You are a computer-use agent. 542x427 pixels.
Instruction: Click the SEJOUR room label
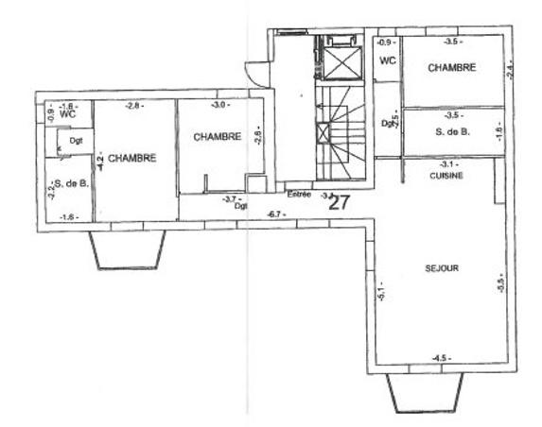click(442, 268)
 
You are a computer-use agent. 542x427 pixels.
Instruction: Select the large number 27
click(340, 200)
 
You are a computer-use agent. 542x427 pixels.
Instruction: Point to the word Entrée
click(299, 194)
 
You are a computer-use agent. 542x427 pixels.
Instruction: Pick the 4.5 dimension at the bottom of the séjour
click(439, 358)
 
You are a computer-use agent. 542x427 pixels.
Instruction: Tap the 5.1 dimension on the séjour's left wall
click(380, 292)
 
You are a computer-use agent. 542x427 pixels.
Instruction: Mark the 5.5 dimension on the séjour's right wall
click(500, 283)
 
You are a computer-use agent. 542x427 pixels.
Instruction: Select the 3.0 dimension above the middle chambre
click(219, 105)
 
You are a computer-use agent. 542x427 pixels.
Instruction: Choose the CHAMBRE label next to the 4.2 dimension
click(131, 159)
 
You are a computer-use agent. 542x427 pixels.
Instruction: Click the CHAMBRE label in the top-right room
click(450, 68)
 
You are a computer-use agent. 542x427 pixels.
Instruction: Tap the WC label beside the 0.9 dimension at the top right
click(387, 61)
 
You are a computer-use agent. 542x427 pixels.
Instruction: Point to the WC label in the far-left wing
click(66, 114)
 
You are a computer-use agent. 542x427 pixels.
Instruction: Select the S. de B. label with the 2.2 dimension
click(71, 183)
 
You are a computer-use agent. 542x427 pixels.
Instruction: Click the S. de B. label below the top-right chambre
click(451, 133)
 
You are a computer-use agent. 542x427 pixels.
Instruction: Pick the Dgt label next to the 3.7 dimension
click(242, 205)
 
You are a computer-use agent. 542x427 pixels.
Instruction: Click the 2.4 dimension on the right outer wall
click(510, 71)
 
